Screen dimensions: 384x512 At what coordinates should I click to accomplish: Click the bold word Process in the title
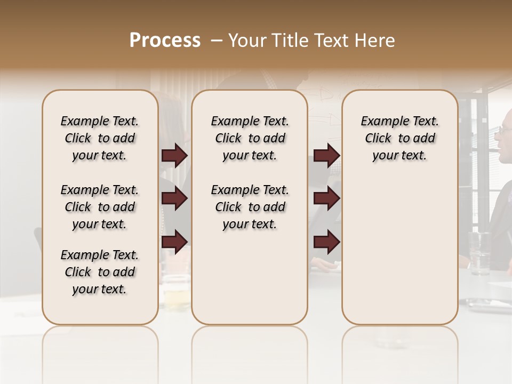click(165, 41)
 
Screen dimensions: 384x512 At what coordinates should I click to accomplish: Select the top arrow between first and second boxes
click(174, 155)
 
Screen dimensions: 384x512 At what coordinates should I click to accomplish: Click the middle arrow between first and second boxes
click(174, 199)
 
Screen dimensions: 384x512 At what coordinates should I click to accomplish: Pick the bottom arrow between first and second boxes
click(174, 242)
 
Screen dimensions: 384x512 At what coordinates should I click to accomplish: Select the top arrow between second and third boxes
click(326, 155)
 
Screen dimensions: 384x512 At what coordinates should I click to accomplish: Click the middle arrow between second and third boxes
click(326, 199)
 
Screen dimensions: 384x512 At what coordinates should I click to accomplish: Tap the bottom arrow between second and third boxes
click(326, 242)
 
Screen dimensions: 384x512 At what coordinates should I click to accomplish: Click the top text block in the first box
click(100, 138)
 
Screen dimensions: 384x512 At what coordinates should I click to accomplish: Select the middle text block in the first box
click(100, 207)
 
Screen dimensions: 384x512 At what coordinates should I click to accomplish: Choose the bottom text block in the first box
click(100, 272)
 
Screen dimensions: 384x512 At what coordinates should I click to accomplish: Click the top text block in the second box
click(250, 138)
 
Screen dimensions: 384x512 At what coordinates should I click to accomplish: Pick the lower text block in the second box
click(250, 207)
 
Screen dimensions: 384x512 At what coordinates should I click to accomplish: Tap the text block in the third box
click(399, 138)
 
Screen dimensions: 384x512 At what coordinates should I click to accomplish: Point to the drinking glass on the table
click(479, 253)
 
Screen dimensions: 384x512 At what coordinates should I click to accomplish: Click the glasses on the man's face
click(506, 129)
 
